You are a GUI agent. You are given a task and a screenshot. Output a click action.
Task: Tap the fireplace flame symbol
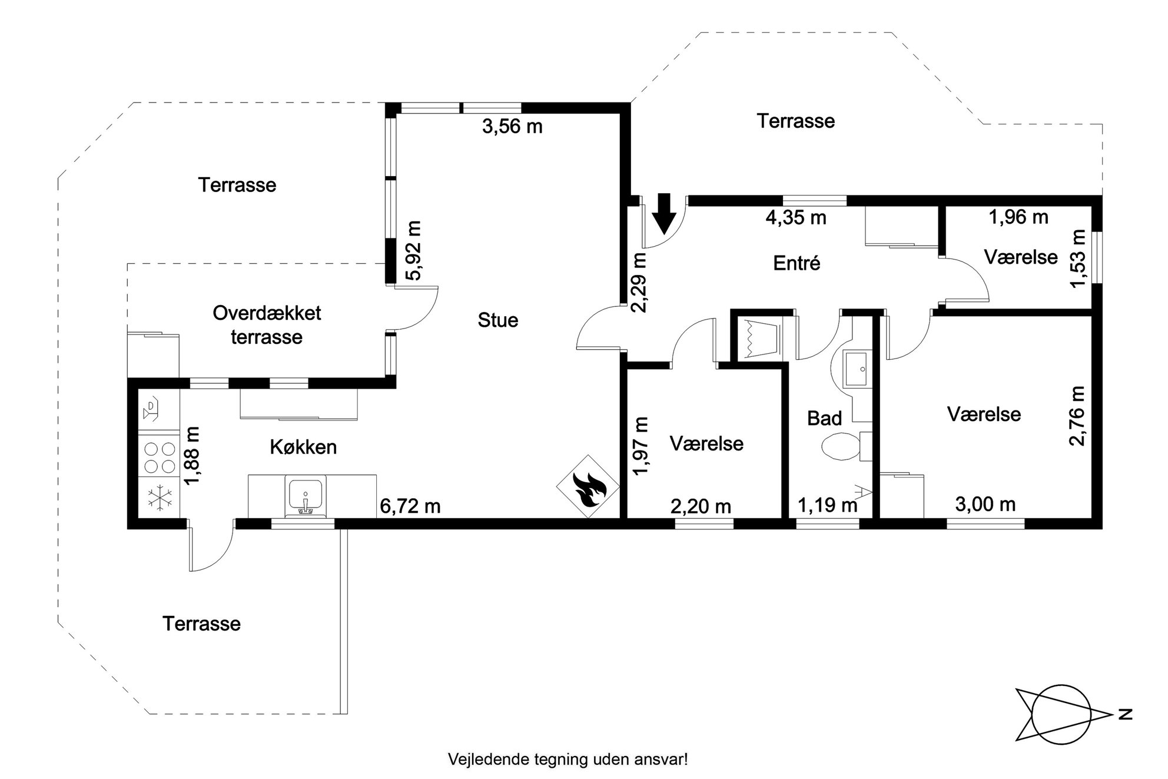588,486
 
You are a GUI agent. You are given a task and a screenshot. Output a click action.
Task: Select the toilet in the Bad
840,447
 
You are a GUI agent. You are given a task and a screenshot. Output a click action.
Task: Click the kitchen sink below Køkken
305,496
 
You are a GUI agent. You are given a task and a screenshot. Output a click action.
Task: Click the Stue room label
498,320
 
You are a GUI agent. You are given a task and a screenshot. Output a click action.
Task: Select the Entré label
797,263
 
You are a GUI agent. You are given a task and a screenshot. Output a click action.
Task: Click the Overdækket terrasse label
267,325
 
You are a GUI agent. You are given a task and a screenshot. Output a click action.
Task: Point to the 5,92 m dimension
414,250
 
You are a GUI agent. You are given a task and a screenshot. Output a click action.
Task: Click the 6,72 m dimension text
410,506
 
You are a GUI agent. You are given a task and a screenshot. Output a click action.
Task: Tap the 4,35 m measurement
796,218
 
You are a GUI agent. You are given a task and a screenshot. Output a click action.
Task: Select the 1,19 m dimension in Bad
827,505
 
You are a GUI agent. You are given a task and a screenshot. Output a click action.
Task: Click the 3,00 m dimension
985,504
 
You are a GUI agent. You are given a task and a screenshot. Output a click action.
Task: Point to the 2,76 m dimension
1077,416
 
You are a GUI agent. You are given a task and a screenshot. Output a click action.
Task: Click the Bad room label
824,419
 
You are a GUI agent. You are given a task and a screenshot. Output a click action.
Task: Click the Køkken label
303,447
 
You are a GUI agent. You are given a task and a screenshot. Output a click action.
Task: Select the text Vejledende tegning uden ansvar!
568,759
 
